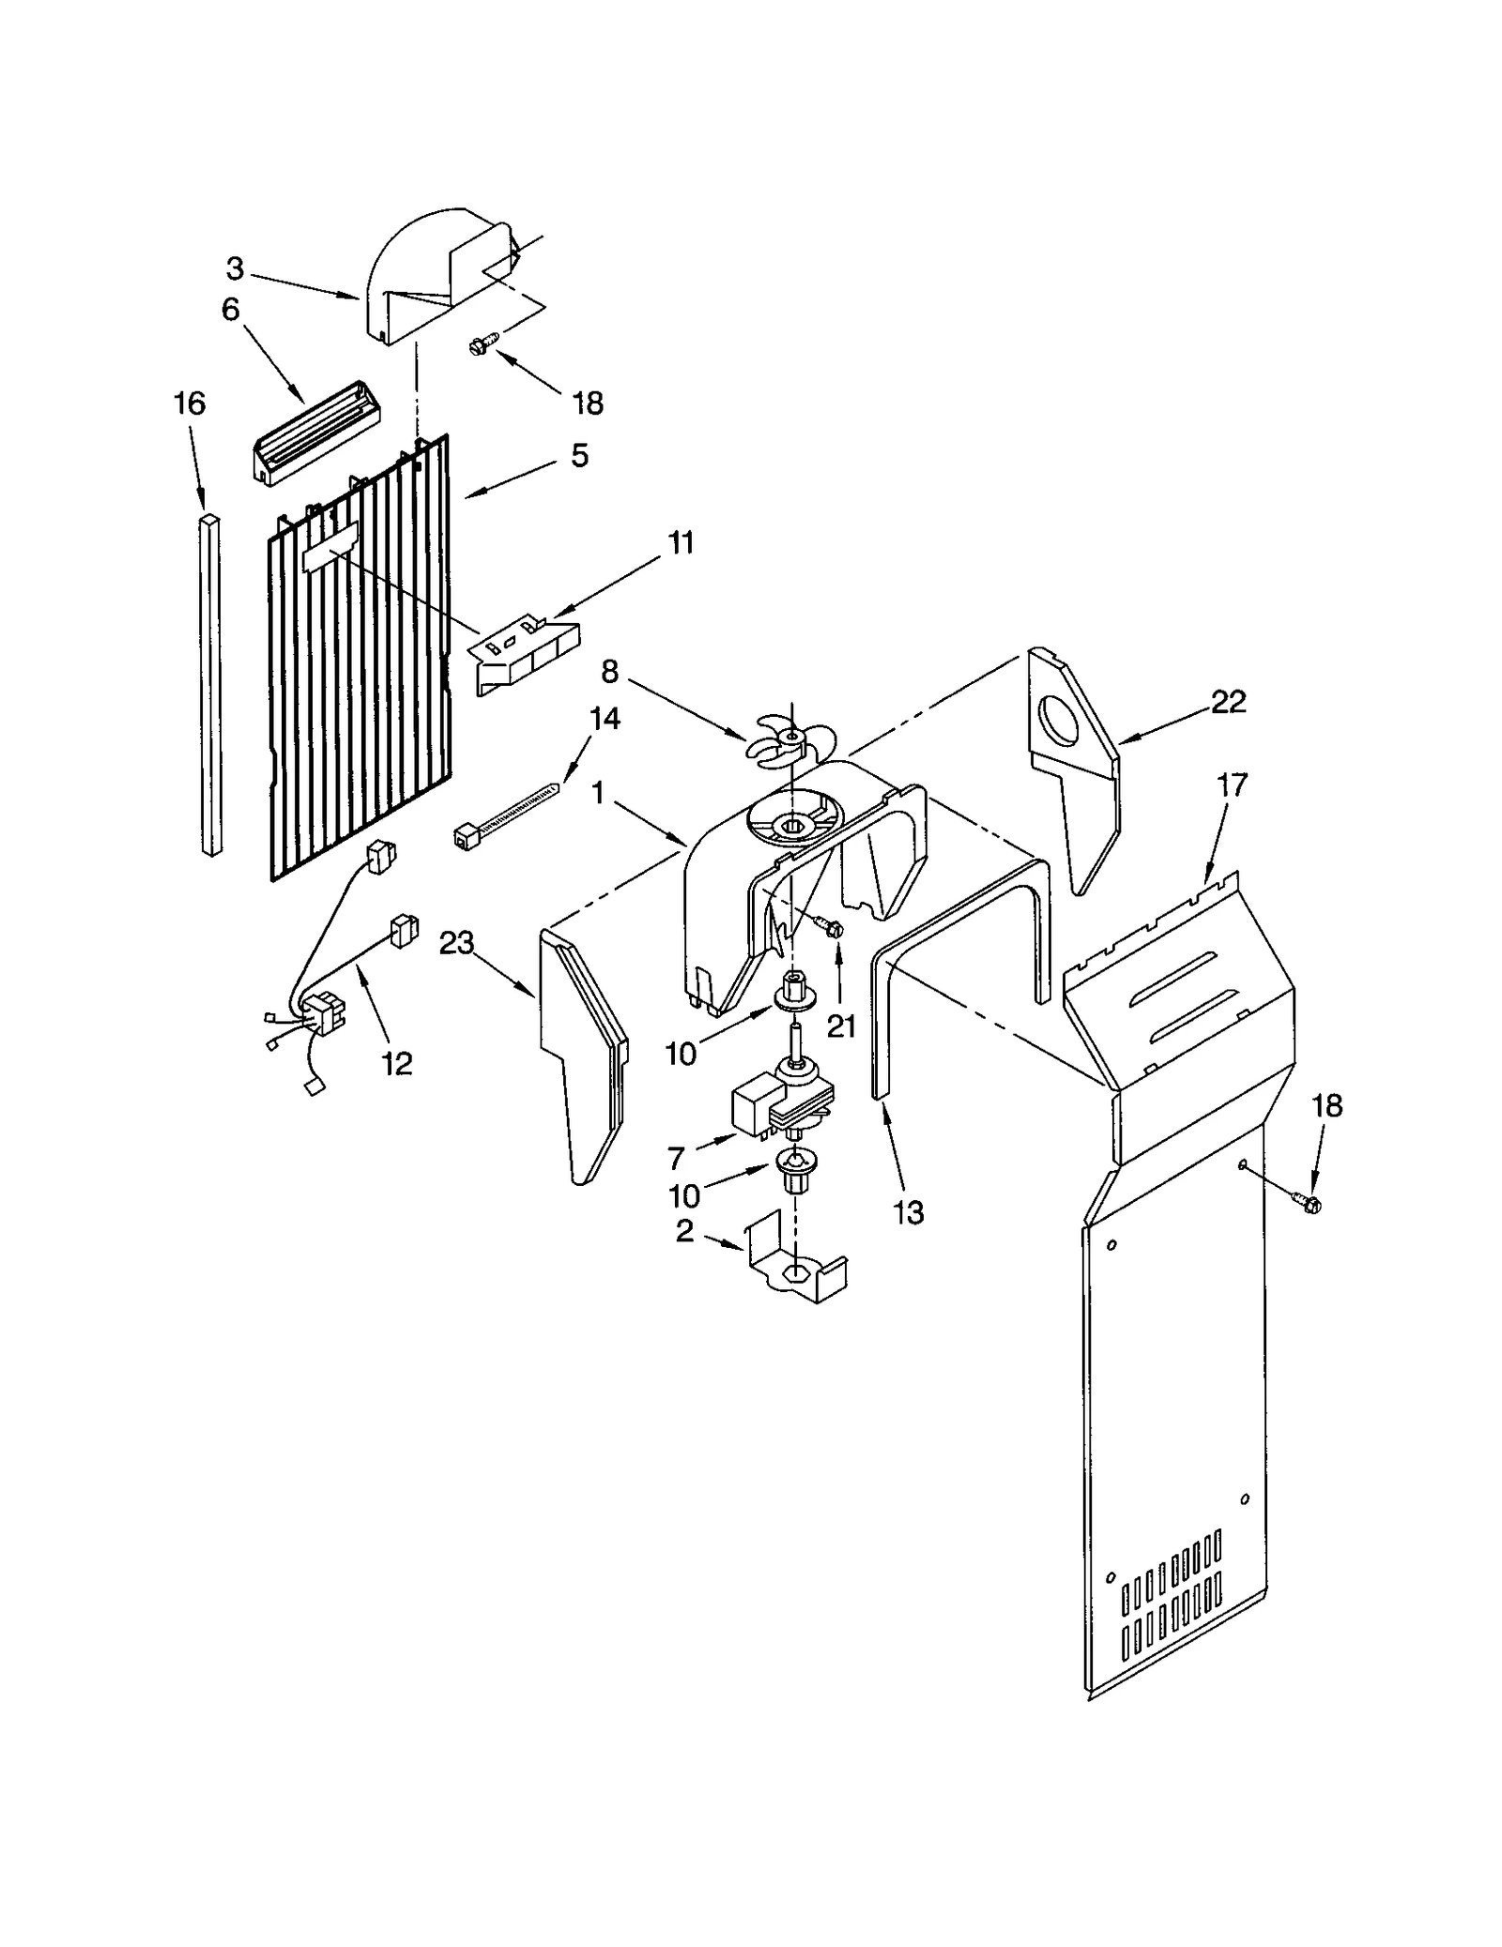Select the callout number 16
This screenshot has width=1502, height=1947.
(189, 404)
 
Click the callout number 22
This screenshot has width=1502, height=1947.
(1228, 701)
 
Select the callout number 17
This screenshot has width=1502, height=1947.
(1232, 784)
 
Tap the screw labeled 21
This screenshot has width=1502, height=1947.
(831, 927)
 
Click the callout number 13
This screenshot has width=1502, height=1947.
(909, 1212)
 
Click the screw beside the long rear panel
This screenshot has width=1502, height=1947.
(1306, 1201)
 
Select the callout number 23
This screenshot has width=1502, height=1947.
(456, 943)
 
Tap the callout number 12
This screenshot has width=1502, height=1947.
(397, 1063)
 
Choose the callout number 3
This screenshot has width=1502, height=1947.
(235, 269)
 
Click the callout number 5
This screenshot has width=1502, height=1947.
(579, 456)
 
